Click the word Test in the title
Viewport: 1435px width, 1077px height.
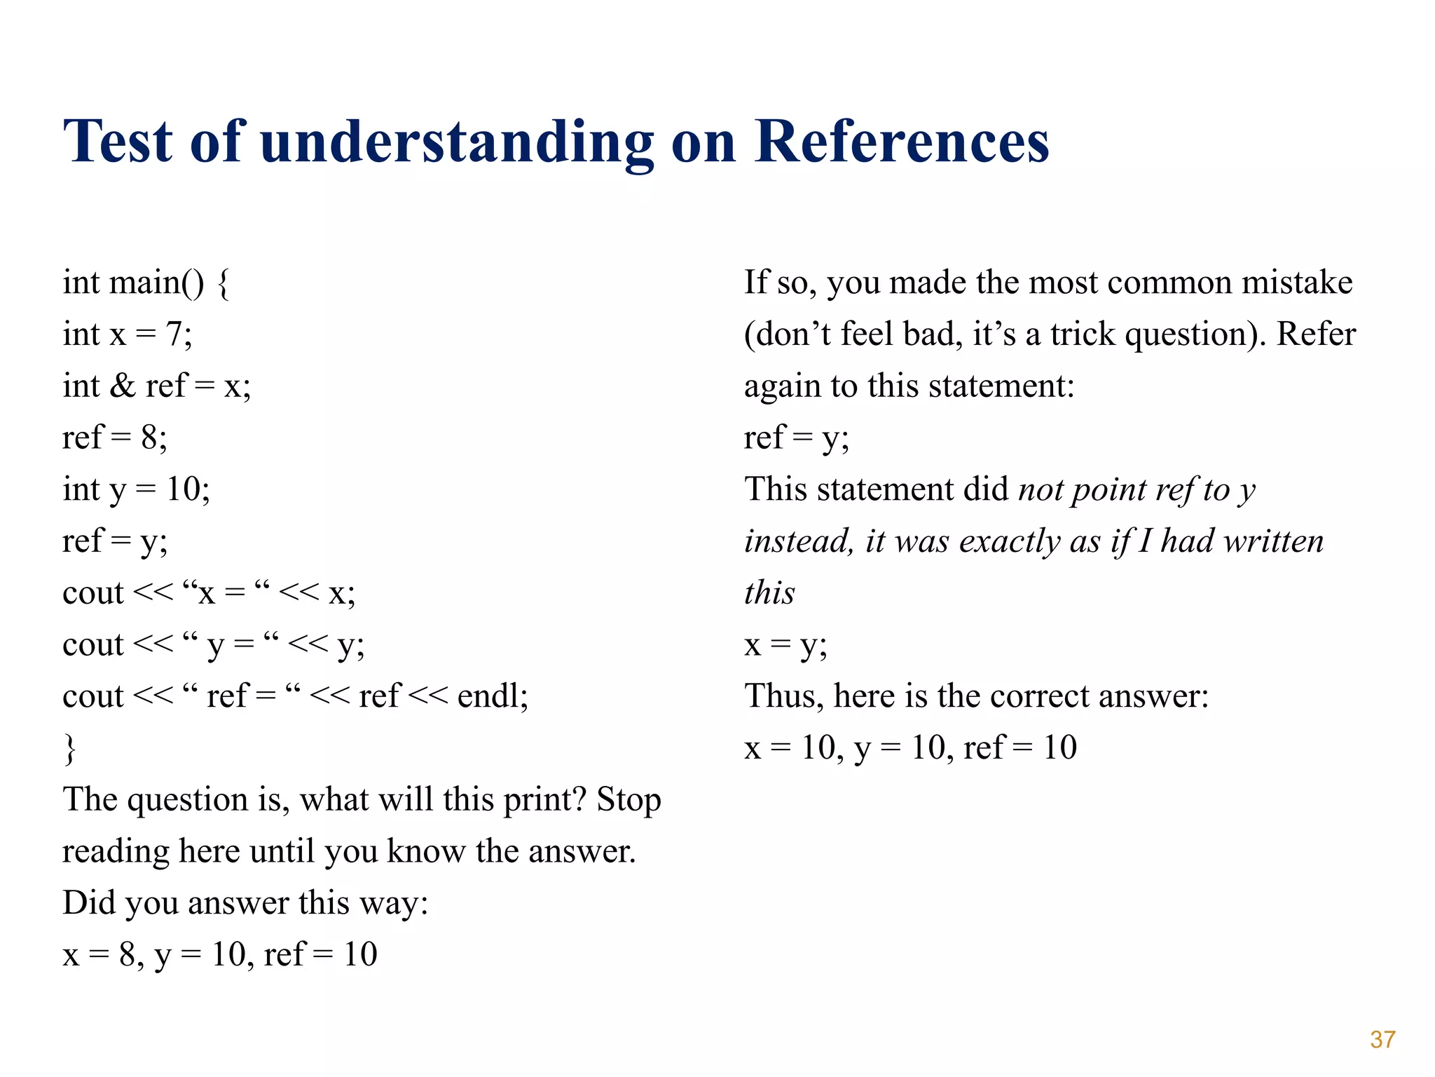tap(117, 142)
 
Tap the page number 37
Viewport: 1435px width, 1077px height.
tap(1382, 1039)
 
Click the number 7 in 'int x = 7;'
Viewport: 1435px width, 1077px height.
tap(174, 334)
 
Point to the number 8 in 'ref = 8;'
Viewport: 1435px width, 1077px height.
tap(150, 438)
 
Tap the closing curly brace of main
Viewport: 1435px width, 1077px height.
tap(69, 747)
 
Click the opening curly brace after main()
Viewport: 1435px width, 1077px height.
tap(223, 283)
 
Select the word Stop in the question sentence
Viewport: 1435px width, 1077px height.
tap(628, 800)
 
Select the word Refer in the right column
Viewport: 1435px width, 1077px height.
tap(1316, 334)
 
